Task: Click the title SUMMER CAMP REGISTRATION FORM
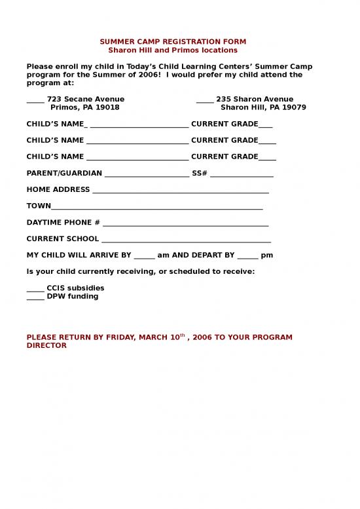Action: coord(173,42)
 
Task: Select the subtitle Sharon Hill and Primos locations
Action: coord(173,50)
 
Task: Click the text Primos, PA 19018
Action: coord(85,107)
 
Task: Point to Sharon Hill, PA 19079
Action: coord(263,107)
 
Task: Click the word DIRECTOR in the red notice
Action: coord(46,345)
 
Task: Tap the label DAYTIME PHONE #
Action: coord(63,223)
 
